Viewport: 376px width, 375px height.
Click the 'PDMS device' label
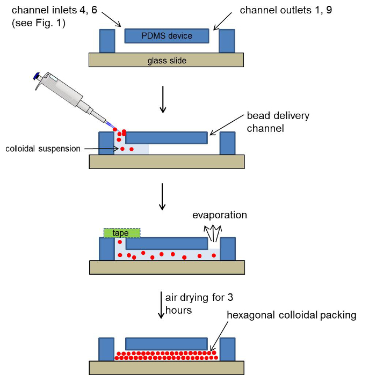pos(167,36)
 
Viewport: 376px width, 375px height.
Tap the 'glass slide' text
pos(167,61)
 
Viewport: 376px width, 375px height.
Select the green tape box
pos(122,233)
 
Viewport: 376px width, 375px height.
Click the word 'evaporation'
pos(220,215)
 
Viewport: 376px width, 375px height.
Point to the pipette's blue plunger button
pos(36,76)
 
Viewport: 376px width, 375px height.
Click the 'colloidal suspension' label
pos(43,149)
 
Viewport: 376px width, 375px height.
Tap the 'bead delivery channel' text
pos(278,122)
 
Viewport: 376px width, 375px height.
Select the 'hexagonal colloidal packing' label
pos(292,315)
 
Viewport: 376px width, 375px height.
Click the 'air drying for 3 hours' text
pos(199,304)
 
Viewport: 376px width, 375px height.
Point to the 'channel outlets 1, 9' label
pos(286,10)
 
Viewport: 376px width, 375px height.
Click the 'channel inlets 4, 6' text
pos(54,10)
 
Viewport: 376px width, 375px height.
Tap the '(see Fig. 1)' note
pos(39,23)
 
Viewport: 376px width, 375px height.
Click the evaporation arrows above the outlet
pos(213,233)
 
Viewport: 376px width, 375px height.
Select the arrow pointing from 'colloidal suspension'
pos(102,149)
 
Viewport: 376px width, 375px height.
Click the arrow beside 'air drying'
pos(161,305)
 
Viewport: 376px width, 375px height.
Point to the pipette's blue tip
pos(110,125)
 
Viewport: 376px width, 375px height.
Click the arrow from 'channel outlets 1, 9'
pos(222,21)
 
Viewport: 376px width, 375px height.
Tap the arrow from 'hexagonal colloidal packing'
pos(219,336)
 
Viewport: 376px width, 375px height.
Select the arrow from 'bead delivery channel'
pos(227,125)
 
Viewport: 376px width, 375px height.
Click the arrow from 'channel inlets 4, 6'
pos(111,19)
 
